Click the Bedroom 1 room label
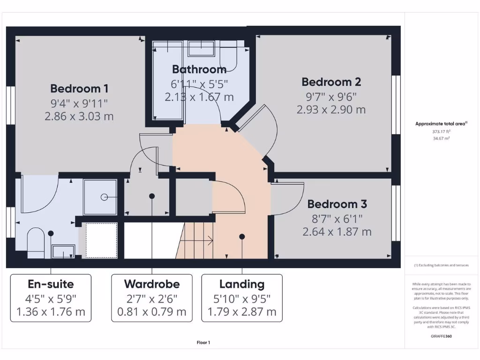pos(79,89)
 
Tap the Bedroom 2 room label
pos(331,82)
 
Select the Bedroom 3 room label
pos(337,204)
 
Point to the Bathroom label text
pos(199,70)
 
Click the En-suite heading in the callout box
pos(51,284)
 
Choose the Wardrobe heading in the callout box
pos(151,284)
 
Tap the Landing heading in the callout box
pos(242,284)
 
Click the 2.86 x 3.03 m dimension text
pos(79,116)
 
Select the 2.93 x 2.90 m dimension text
pos(331,110)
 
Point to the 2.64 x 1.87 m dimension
pos(337,232)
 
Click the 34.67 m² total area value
pos(441,139)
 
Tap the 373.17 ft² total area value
pos(441,132)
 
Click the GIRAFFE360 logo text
pos(441,336)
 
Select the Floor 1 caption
pos(203,343)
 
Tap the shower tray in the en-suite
pos(100,197)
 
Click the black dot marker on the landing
pos(242,236)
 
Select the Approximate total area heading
pos(441,124)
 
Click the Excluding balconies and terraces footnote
pos(441,265)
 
